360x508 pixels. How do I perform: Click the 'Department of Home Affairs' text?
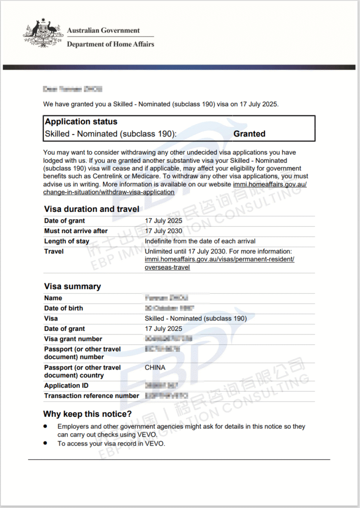(x=110, y=44)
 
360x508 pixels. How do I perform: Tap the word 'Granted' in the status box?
(x=249, y=134)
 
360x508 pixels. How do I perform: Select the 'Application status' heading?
(x=81, y=122)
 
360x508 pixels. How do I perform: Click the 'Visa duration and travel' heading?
(x=92, y=209)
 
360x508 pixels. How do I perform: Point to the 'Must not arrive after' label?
(x=76, y=231)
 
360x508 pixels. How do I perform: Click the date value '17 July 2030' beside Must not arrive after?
(x=164, y=231)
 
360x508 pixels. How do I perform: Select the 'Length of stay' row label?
(x=67, y=242)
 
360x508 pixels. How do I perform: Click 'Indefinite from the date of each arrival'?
(x=200, y=242)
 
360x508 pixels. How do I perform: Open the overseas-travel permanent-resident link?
(x=219, y=263)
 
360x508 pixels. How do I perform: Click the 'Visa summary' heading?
(x=72, y=287)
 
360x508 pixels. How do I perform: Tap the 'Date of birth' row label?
(x=64, y=309)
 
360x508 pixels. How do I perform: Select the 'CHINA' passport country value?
(x=155, y=368)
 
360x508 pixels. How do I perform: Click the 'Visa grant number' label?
(x=73, y=339)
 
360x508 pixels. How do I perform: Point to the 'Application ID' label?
(x=62, y=386)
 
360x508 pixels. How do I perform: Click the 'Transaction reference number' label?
(x=92, y=396)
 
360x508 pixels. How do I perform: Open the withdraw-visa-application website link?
(x=109, y=192)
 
